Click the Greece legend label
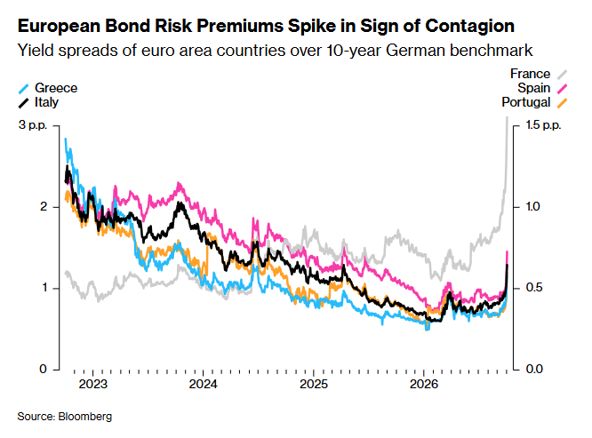coord(56,88)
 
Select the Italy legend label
coord(46,102)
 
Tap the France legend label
coord(530,74)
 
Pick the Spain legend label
coord(534,88)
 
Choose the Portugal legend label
coord(526,102)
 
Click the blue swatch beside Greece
coord(23,89)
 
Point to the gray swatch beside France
coord(562,75)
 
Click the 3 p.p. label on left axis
coord(33,125)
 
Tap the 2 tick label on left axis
coord(44,207)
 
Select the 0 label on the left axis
coord(44,369)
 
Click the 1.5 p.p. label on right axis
coord(544,125)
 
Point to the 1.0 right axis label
coord(532,207)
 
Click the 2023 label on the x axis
coord(92,384)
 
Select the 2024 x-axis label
coord(204,384)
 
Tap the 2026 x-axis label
coord(424,384)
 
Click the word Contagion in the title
coord(469,27)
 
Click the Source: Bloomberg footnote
coord(65,417)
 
